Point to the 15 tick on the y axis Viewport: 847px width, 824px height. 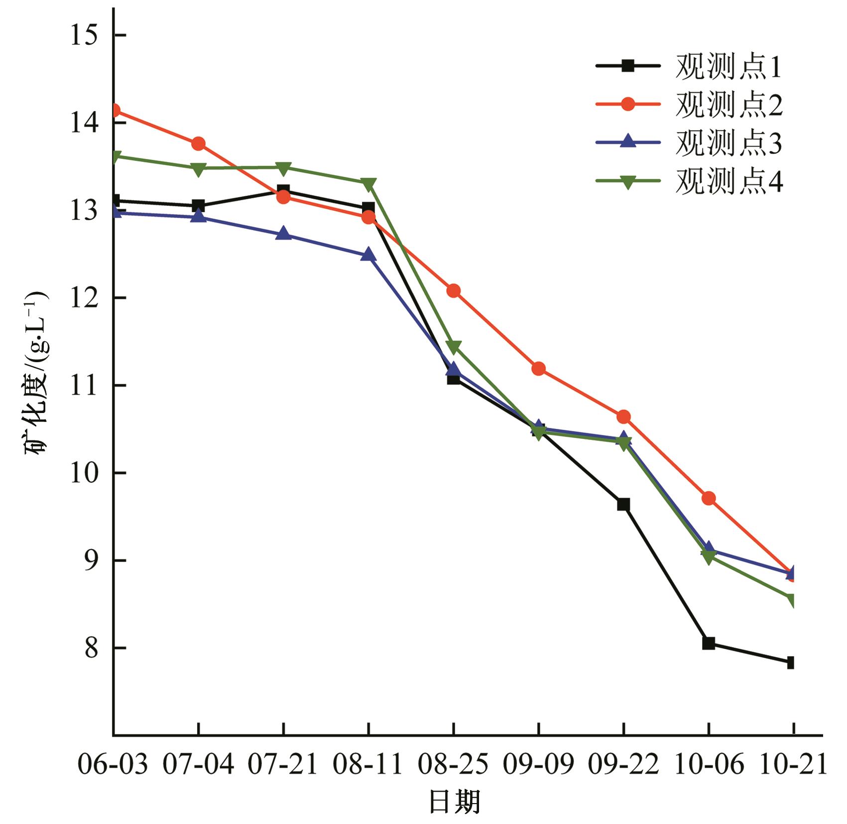83,35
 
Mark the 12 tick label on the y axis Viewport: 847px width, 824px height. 83,298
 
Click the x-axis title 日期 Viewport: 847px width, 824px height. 454,802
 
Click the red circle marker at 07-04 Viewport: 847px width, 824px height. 198,144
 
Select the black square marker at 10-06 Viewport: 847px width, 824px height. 709,643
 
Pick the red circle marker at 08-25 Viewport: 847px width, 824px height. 454,291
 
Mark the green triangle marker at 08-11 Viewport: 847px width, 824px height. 368,184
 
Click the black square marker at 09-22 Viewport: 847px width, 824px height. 623,505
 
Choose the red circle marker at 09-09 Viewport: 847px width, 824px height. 538,369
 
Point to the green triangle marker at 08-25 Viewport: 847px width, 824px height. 454,347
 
